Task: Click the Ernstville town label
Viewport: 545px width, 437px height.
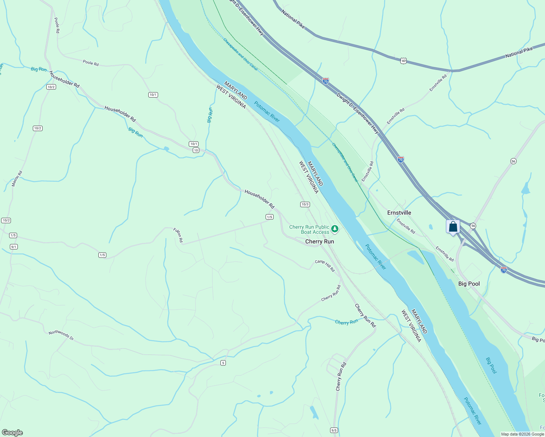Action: (x=399, y=213)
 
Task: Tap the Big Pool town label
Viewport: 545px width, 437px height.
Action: (x=469, y=284)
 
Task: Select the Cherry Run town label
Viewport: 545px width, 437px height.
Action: (x=319, y=241)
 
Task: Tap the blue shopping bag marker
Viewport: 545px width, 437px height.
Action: (x=453, y=227)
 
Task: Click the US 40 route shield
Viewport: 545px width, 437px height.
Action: (x=403, y=61)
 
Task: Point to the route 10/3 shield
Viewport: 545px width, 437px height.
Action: (x=305, y=204)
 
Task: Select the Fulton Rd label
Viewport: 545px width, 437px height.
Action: (x=178, y=235)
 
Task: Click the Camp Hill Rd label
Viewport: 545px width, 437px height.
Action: (x=325, y=266)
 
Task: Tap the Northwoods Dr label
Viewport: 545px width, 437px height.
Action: (x=61, y=335)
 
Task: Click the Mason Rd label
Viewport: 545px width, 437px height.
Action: (x=17, y=179)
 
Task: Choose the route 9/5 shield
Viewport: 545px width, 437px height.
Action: (x=334, y=430)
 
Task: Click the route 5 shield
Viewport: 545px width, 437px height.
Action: (x=223, y=363)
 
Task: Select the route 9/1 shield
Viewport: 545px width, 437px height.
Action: (x=14, y=247)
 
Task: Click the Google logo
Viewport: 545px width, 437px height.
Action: (x=12, y=433)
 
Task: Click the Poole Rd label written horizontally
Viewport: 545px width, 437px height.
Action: (x=91, y=63)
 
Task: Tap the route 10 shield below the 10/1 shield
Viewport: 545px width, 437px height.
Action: (x=196, y=150)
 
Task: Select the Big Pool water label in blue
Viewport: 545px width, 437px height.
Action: (x=491, y=365)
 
